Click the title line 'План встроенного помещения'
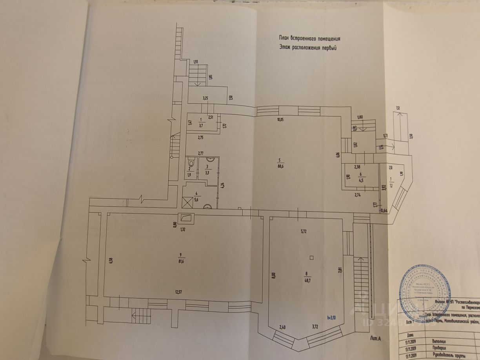click(309, 39)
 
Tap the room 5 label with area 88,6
click(279, 163)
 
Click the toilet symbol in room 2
click(191, 162)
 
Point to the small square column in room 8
click(311, 258)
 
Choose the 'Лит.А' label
click(376, 337)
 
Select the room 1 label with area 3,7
click(201, 123)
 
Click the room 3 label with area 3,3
click(207, 169)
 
